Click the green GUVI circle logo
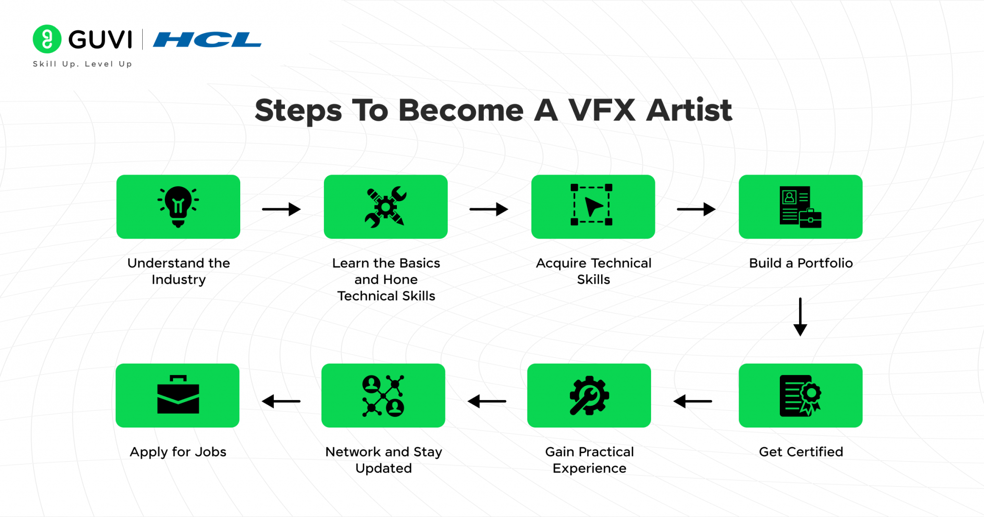tap(47, 39)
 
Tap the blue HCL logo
tap(207, 39)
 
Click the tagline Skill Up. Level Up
tap(82, 64)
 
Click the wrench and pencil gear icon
tap(385, 207)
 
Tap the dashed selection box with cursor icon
tap(591, 205)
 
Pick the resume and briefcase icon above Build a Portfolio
tap(800, 207)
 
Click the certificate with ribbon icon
tap(800, 396)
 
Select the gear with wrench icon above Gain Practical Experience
tap(589, 396)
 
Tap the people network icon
tap(383, 396)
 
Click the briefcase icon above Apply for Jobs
tap(178, 395)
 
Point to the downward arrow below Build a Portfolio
tap(800, 317)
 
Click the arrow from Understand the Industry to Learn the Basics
tap(281, 209)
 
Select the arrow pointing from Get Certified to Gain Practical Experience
tap(692, 401)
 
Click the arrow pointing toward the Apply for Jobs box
tap(281, 401)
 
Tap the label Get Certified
tap(800, 452)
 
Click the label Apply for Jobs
tap(178, 452)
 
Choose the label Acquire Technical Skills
tap(593, 271)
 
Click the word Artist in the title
tap(689, 110)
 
